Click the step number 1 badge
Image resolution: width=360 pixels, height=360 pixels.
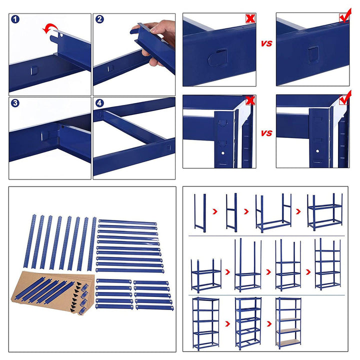(x=15, y=19)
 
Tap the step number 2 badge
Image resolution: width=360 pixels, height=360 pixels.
(x=99, y=19)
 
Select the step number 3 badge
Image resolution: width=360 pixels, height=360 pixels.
(x=15, y=103)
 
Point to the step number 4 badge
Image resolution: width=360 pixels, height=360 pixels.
(x=99, y=103)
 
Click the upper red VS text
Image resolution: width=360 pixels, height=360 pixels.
(x=266, y=43)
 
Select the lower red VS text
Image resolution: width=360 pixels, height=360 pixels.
(x=266, y=133)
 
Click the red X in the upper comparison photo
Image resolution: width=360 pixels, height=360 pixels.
(x=250, y=18)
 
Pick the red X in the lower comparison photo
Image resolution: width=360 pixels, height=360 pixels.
(x=250, y=100)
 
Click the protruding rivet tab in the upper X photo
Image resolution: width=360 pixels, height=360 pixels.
(x=217, y=58)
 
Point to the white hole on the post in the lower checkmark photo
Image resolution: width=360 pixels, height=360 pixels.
(x=317, y=151)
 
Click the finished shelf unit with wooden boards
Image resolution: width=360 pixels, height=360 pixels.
(x=288, y=323)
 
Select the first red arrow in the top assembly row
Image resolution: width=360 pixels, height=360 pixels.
(x=215, y=211)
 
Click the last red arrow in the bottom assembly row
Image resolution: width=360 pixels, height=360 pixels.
(x=269, y=323)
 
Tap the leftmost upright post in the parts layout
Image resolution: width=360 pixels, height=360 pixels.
(x=30, y=241)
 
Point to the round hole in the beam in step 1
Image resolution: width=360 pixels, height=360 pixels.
(x=61, y=35)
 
